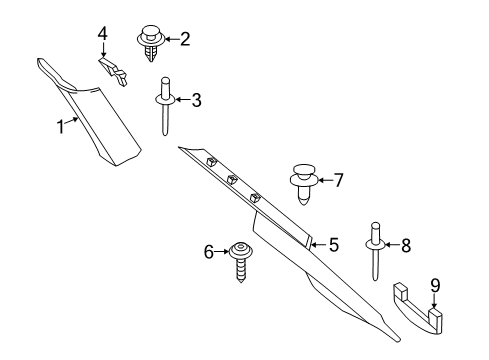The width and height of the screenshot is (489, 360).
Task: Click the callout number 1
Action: click(60, 127)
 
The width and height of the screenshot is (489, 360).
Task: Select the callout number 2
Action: click(185, 39)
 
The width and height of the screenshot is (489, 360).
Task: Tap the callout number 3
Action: click(196, 100)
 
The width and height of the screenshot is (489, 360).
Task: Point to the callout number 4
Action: click(103, 34)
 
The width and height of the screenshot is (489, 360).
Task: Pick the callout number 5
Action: click(334, 245)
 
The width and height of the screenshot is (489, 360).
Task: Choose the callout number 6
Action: click(209, 252)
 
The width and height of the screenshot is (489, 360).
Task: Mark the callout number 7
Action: click(339, 180)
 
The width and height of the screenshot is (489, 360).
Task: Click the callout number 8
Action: click(406, 246)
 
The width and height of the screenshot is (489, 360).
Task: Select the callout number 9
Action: click(435, 286)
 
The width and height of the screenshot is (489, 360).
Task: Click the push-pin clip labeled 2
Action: click(151, 43)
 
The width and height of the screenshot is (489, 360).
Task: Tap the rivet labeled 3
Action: click(165, 106)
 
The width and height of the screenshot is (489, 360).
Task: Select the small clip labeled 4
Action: click(113, 71)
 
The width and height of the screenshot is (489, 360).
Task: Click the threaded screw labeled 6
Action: click(241, 261)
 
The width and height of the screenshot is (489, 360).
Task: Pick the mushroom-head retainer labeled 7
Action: click(303, 184)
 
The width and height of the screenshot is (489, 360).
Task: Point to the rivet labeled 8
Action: click(376, 251)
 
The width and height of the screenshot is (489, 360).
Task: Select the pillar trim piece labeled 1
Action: click(90, 112)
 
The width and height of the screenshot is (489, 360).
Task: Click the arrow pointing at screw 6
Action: click(222, 252)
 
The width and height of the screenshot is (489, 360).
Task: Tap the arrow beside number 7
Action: click(325, 180)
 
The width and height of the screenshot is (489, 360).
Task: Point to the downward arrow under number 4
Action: click(103, 50)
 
